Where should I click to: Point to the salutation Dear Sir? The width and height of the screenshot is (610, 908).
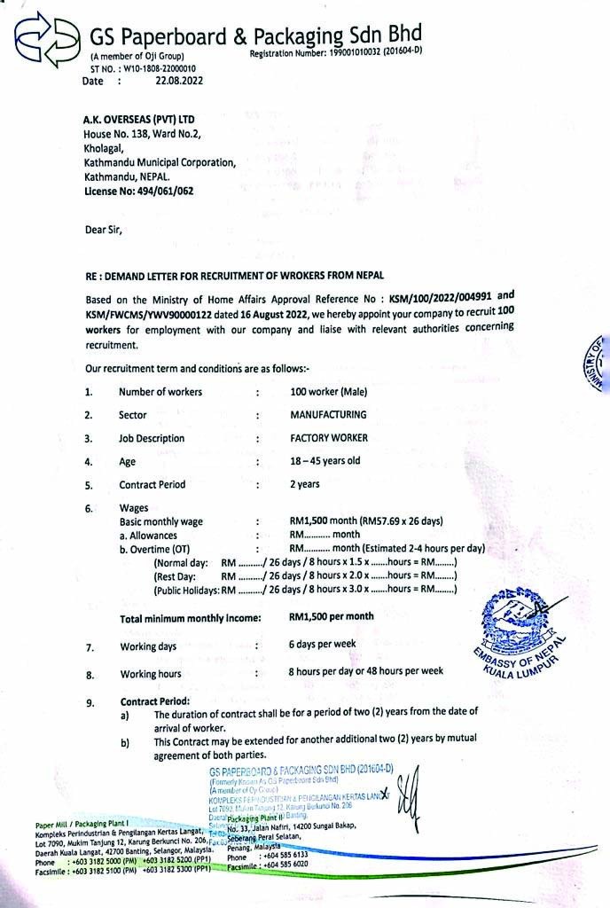tap(104, 230)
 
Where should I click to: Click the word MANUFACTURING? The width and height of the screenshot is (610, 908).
tap(328, 414)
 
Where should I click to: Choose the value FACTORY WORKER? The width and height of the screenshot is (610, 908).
tap(329, 438)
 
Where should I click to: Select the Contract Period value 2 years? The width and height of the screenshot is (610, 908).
tap(305, 484)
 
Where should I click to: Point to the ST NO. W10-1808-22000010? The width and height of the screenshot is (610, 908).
tap(143, 68)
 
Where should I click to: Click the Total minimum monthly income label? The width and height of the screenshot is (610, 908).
tap(191, 617)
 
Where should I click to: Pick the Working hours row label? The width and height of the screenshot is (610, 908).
tap(151, 675)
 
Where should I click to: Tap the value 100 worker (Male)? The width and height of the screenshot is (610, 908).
tap(328, 392)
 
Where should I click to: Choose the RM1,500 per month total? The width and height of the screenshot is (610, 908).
tap(331, 616)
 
